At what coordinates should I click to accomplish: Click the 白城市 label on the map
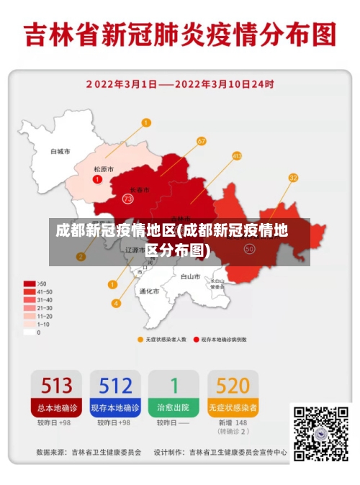(60, 152)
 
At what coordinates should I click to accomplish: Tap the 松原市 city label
(104, 169)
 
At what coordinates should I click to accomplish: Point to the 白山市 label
(190, 276)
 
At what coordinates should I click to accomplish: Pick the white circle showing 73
(127, 199)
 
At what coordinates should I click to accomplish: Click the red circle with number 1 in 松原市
(97, 178)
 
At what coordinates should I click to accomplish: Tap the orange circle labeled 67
(201, 141)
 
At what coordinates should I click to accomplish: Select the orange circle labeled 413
(237, 155)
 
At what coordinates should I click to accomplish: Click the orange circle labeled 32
(293, 177)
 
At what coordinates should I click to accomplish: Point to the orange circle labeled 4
(116, 303)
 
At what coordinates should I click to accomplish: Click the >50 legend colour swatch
(30, 284)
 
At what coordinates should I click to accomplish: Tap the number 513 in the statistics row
(55, 385)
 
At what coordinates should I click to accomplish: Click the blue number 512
(114, 385)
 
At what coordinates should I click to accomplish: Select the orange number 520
(233, 385)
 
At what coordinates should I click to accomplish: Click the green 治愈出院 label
(174, 407)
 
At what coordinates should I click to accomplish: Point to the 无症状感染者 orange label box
(233, 407)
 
